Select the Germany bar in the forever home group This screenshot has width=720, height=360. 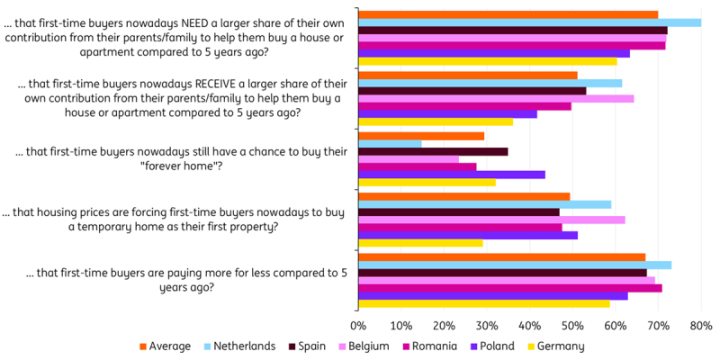427,182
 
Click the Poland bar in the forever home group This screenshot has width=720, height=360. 451,174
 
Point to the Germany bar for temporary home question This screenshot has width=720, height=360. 420,243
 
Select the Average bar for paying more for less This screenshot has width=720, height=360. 501,257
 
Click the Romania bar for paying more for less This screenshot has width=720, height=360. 509,288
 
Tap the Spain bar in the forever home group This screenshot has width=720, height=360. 433,151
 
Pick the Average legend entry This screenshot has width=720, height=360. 167,346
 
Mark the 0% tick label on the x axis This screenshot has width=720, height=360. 358,324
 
